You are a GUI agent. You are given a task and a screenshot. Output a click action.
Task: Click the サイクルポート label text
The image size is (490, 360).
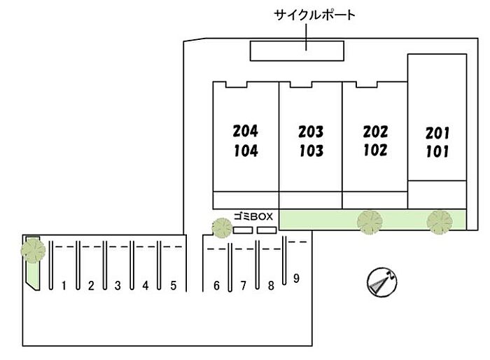pos(315,15)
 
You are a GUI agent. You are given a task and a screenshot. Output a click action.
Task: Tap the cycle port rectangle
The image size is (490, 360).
pos(297,50)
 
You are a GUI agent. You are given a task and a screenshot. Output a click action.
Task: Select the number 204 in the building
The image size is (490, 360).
pos(246,131)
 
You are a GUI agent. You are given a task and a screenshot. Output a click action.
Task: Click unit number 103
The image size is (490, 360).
pos(311,151)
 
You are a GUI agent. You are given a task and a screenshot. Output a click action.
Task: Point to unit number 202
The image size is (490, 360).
pos(375,132)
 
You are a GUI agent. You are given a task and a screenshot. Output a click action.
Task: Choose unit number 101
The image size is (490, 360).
pos(437,151)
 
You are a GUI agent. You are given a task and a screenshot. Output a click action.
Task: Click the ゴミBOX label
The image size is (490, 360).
pos(253,216)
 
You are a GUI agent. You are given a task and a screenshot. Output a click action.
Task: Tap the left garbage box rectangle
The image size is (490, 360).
pos(243,230)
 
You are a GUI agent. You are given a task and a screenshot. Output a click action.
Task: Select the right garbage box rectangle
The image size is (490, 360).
pos(267,230)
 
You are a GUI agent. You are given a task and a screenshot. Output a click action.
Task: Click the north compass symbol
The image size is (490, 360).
pos(381,282)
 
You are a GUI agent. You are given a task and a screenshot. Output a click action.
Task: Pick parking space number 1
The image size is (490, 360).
pos(64,285)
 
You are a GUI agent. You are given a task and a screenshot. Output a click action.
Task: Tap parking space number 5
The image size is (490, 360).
pos(174,285)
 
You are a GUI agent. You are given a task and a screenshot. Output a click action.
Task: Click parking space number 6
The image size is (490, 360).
pos(216,285)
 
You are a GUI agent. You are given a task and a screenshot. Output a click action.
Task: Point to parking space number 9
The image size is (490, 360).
pos(296,278)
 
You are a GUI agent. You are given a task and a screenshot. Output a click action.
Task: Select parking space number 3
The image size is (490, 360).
pos(118,285)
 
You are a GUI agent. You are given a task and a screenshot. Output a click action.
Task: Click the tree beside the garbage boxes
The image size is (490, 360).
pos(222,228)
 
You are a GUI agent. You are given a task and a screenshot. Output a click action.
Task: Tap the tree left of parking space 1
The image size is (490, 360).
pos(33,251)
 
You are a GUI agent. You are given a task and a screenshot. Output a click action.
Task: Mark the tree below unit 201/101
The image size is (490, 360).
pos(440,222)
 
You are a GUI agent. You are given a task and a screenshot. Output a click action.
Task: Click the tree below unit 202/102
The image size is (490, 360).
pos(370,222)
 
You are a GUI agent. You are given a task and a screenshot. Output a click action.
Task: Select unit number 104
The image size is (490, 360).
pos(246,151)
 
